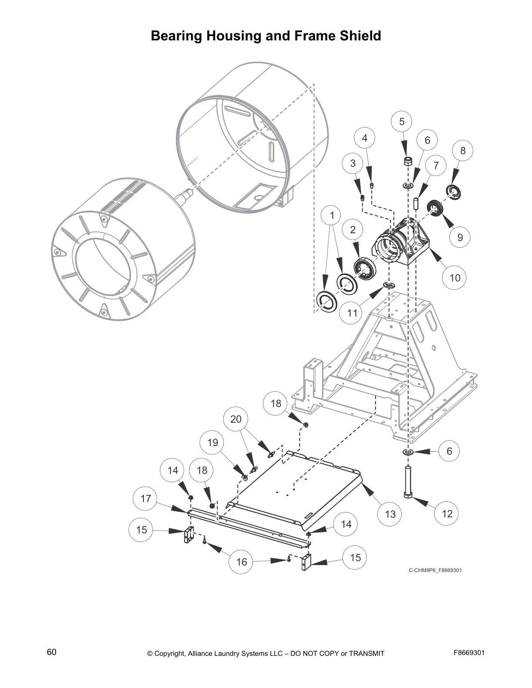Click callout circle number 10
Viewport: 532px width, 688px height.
click(454, 278)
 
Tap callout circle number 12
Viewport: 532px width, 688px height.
click(447, 513)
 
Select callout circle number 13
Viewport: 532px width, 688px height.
click(390, 514)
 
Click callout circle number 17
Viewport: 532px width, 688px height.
click(146, 498)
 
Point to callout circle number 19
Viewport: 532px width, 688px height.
click(212, 443)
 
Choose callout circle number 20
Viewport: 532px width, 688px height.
click(236, 419)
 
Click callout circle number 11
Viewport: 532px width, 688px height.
click(352, 313)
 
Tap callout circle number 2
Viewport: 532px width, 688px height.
click(352, 230)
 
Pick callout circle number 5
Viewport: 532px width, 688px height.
click(402, 122)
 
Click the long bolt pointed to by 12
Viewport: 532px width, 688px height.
click(408, 482)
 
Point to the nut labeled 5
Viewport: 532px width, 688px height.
click(408, 162)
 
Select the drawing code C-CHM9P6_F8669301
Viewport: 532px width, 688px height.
click(435, 570)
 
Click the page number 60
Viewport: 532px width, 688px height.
click(52, 652)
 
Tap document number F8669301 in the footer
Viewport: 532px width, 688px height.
click(469, 653)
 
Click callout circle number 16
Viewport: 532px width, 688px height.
click(241, 562)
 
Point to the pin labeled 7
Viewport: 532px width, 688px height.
click(416, 204)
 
